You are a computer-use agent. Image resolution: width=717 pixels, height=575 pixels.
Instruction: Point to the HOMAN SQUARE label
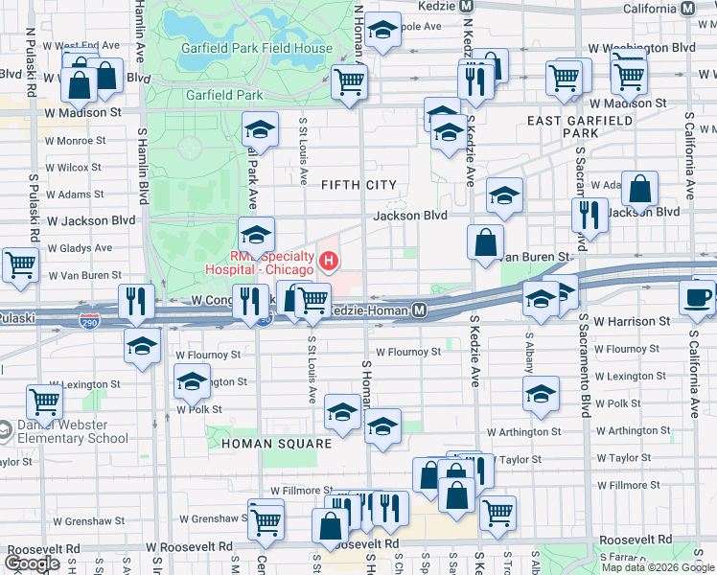point(276,444)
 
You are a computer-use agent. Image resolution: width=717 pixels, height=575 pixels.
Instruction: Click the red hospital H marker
point(329,259)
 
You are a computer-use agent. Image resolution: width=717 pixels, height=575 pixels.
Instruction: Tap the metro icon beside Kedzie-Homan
point(419,310)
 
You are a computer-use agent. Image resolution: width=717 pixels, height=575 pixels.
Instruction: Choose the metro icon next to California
point(686,8)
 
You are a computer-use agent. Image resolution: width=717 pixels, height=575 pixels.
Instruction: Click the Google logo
point(32,563)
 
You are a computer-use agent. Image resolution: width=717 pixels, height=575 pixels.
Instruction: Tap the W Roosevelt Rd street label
point(190,546)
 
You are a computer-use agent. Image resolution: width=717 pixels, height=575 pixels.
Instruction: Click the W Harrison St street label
point(632,322)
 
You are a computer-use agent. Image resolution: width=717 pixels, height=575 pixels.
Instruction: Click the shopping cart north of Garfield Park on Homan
point(350,81)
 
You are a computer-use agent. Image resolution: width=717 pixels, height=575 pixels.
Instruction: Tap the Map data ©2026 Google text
point(658,566)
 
